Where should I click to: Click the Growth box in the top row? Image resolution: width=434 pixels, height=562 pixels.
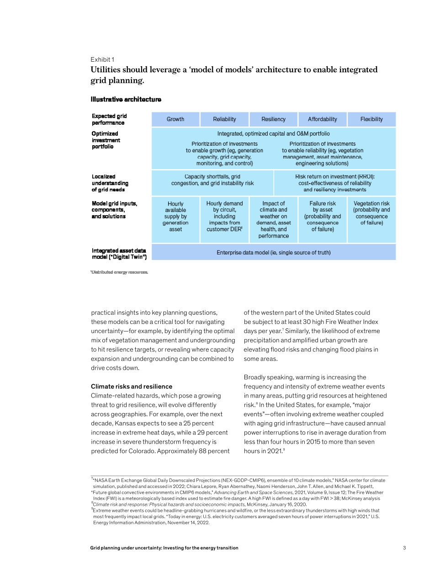point(175,119)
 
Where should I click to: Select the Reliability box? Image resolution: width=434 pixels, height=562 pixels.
point(224,119)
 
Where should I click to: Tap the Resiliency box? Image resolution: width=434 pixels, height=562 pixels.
point(273,119)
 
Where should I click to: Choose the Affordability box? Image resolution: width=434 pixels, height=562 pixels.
point(322,119)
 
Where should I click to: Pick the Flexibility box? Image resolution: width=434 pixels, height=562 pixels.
point(371,119)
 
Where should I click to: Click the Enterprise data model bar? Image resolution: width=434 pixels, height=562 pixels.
point(273,252)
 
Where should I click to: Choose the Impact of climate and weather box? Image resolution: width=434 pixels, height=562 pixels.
point(273,219)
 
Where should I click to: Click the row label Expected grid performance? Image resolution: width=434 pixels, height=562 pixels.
point(110,119)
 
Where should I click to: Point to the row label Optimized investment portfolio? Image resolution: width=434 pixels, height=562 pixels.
point(106,140)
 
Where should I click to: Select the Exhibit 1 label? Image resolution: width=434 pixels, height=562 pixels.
point(103,59)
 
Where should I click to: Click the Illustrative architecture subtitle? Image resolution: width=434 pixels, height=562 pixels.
point(126,99)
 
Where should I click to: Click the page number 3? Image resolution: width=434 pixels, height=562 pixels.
point(404,548)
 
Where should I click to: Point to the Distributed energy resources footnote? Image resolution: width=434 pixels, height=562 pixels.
point(120,272)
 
